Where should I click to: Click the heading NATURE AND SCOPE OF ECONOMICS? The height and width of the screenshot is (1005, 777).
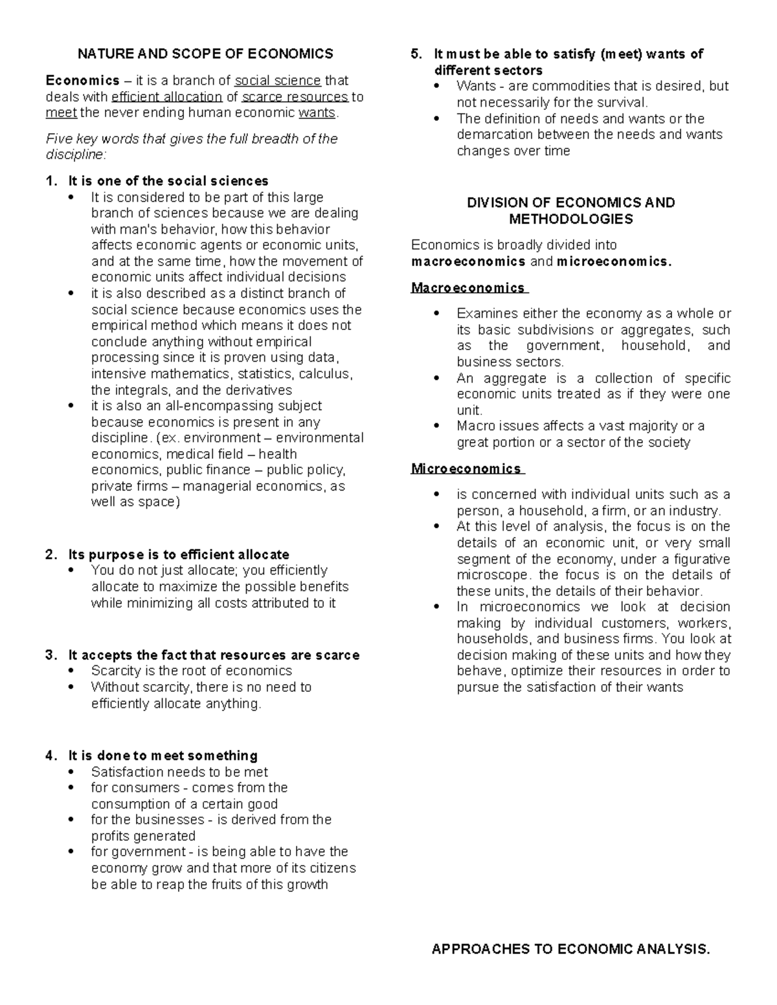pyautogui.click(x=205, y=54)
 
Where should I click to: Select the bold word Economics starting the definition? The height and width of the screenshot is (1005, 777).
pyautogui.click(x=82, y=81)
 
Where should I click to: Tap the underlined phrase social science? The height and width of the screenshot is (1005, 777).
pyautogui.click(x=277, y=81)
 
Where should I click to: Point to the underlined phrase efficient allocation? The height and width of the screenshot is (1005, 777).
pyautogui.click(x=166, y=97)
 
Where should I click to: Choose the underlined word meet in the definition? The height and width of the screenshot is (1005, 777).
pyautogui.click(x=61, y=113)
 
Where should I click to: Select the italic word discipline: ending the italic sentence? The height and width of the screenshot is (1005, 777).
pyautogui.click(x=75, y=155)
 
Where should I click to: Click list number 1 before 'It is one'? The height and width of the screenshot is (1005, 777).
pyautogui.click(x=51, y=181)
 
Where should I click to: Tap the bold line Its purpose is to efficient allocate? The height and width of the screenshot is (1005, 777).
pyautogui.click(x=179, y=555)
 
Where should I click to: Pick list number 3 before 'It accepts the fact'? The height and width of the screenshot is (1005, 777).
pyautogui.click(x=51, y=655)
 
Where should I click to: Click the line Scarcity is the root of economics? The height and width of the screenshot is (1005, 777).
pyautogui.click(x=192, y=671)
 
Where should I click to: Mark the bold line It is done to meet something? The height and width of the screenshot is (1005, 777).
pyautogui.click(x=163, y=756)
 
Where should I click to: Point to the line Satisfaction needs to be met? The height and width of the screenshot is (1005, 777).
pyautogui.click(x=179, y=772)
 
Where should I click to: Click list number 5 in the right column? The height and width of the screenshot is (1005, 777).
pyautogui.click(x=416, y=54)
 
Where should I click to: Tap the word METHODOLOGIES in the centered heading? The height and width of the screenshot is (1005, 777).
pyautogui.click(x=570, y=219)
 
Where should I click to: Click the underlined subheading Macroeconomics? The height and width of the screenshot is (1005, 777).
pyautogui.click(x=468, y=287)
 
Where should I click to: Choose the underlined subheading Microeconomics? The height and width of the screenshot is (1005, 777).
pyautogui.click(x=466, y=469)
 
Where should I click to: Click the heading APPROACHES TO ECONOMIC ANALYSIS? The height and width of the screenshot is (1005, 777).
pyautogui.click(x=570, y=949)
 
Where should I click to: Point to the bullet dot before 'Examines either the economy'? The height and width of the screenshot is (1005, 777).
pyautogui.click(x=439, y=314)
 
